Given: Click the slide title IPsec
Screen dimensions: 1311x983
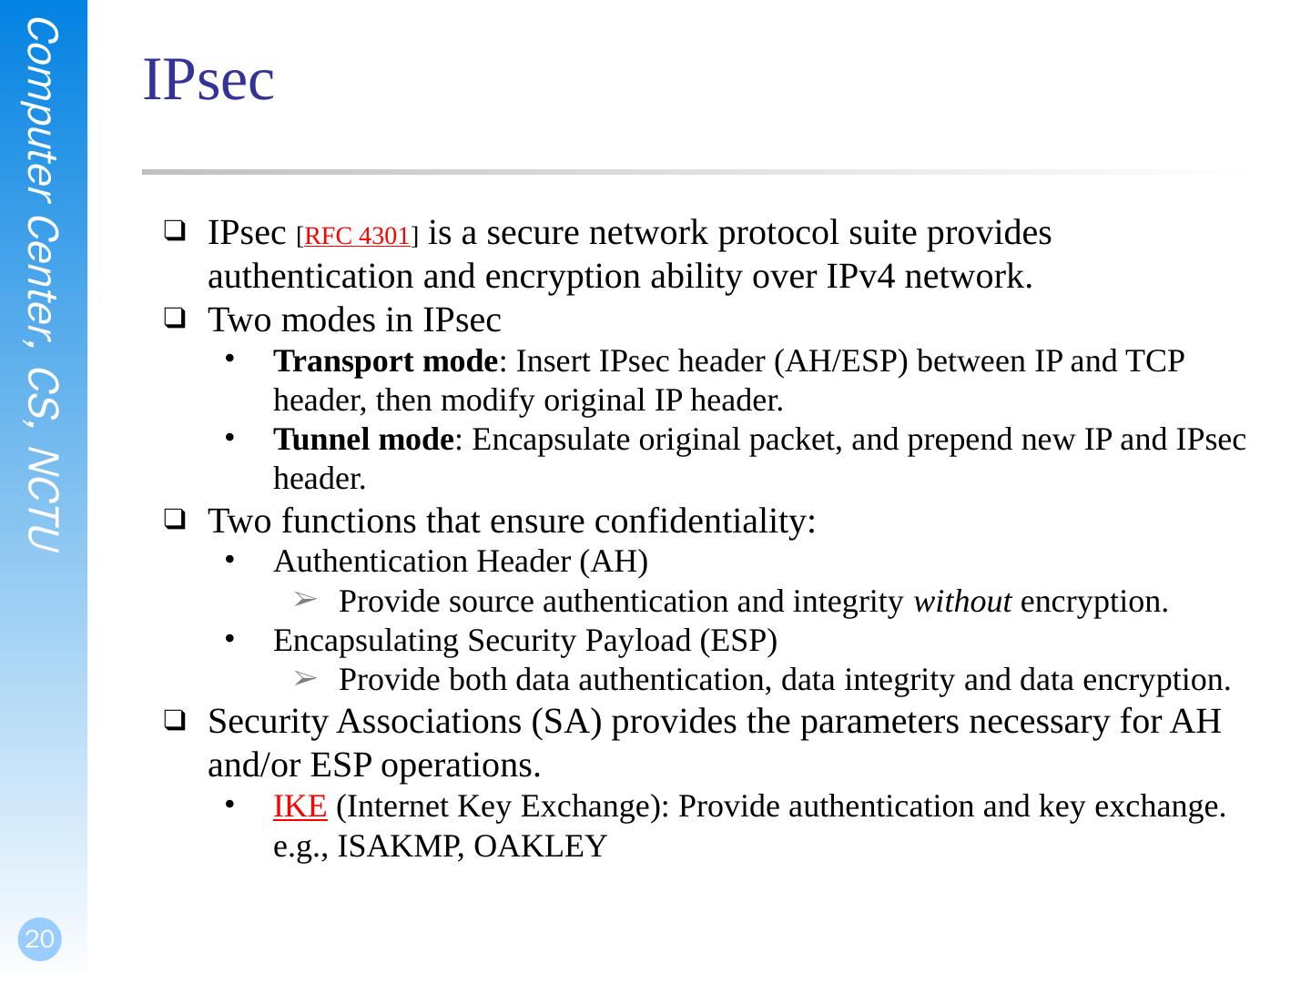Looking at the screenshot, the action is pyautogui.click(x=208, y=80).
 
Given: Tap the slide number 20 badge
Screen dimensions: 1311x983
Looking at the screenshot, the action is pyautogui.click(x=39, y=939).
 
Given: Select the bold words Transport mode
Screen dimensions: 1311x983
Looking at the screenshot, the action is pyautogui.click(x=386, y=362).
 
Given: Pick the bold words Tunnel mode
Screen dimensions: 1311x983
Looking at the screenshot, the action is pyautogui.click(x=363, y=441).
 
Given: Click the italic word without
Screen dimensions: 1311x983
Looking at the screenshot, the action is pyautogui.click(x=962, y=603).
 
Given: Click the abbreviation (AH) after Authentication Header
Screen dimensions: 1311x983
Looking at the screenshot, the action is pyautogui.click(x=615, y=562).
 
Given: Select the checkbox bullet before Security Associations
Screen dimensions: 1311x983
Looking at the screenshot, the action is pyautogui.click(x=175, y=723).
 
